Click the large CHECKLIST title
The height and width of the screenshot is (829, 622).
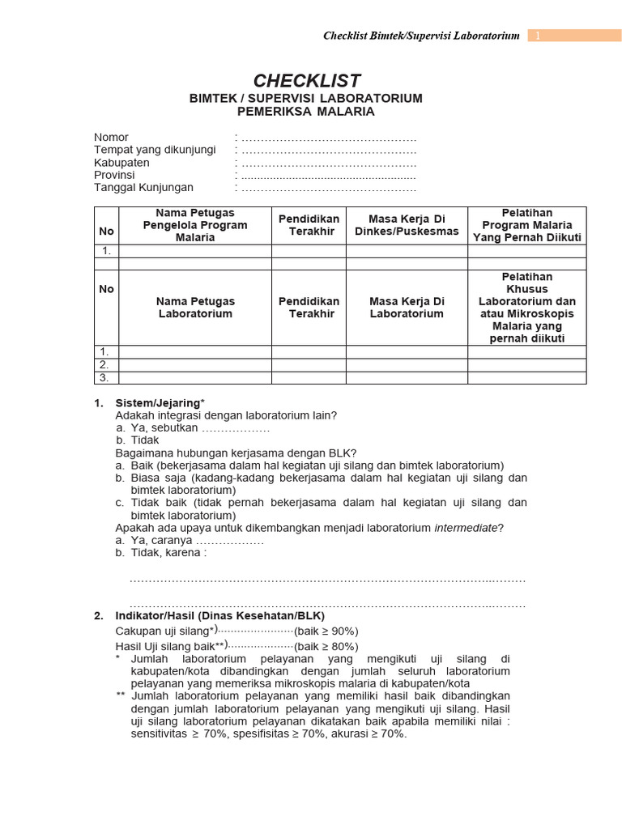(306, 80)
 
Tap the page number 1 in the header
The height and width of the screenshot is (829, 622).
(537, 36)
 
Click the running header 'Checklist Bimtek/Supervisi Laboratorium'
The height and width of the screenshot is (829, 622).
(420, 36)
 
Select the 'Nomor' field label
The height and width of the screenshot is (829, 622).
(111, 138)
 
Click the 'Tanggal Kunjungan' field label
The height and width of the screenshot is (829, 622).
(143, 188)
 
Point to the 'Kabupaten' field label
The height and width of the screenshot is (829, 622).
(121, 163)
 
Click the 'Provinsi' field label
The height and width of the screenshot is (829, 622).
(114, 175)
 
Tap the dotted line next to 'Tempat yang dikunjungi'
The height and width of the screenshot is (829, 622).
(328, 151)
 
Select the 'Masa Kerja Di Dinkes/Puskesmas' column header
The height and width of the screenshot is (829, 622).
(407, 225)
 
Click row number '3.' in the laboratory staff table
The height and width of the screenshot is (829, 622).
(104, 378)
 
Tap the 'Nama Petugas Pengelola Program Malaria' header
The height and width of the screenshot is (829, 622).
(195, 225)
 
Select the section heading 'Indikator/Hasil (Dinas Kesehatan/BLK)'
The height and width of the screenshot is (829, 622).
(219, 616)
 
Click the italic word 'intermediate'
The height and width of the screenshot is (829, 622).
(465, 528)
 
